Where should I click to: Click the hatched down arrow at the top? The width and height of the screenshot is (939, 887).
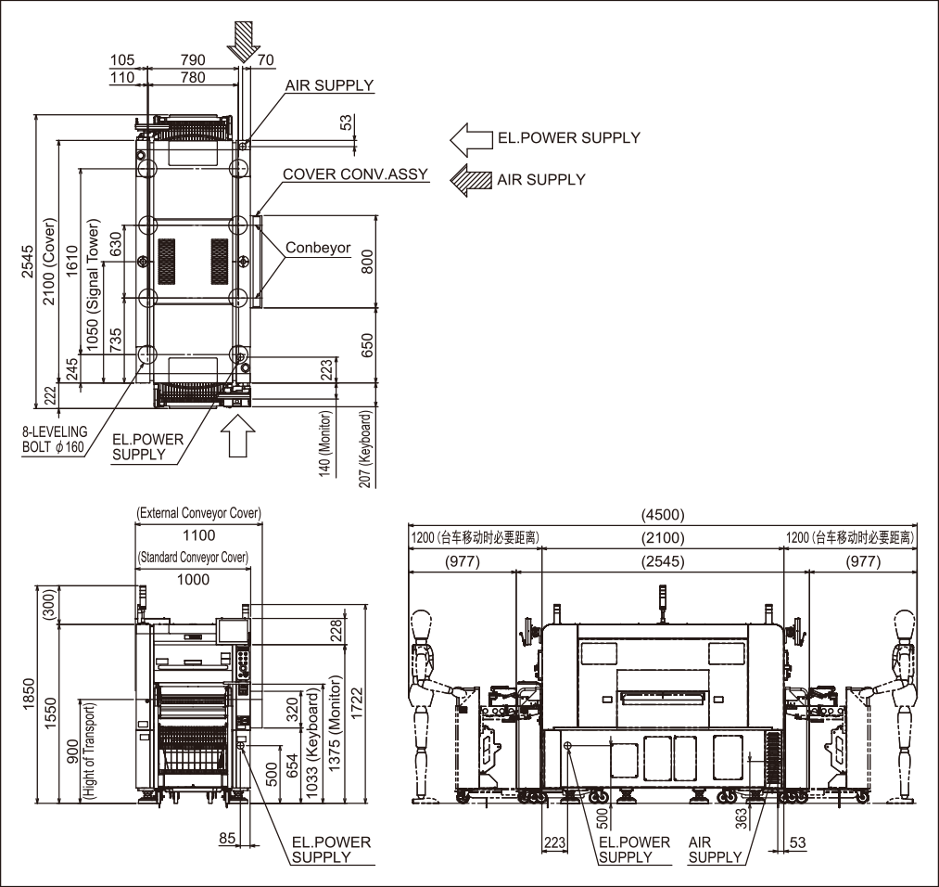pos(244,41)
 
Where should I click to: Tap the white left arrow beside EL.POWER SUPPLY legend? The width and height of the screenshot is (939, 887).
pos(471,140)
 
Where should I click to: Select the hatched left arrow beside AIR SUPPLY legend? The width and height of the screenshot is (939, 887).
pos(471,180)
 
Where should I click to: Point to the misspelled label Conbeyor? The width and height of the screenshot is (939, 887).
pos(318,248)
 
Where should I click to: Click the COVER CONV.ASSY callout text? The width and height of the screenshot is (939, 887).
pos(356,174)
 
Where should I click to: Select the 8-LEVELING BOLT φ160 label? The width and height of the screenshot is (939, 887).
pos(55,439)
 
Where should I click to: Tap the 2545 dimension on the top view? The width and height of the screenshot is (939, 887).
pos(28,262)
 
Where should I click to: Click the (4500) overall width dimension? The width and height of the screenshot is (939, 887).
pos(663,515)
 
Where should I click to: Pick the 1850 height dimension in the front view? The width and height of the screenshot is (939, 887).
pos(28,695)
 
